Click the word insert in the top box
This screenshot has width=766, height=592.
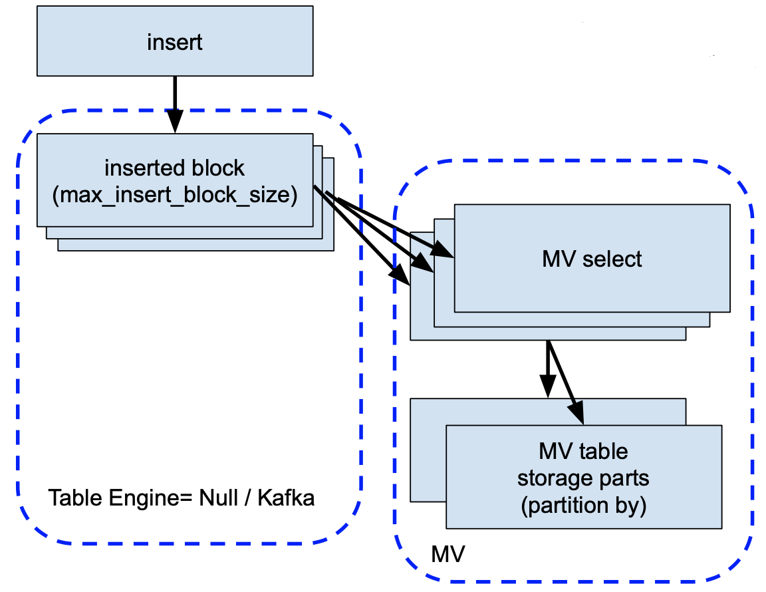[x=174, y=43]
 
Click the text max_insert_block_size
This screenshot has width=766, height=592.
[x=174, y=196]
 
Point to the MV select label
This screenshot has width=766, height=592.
[x=592, y=259]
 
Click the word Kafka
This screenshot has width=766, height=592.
[x=287, y=498]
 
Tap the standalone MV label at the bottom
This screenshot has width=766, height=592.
[x=448, y=553]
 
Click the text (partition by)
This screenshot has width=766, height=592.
[x=583, y=506]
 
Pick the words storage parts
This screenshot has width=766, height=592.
[x=583, y=478]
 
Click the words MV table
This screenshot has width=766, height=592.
[x=583, y=451]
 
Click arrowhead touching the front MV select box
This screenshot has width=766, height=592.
[x=445, y=252]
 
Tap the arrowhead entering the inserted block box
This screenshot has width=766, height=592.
[x=175, y=124]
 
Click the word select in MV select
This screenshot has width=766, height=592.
[x=611, y=259]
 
